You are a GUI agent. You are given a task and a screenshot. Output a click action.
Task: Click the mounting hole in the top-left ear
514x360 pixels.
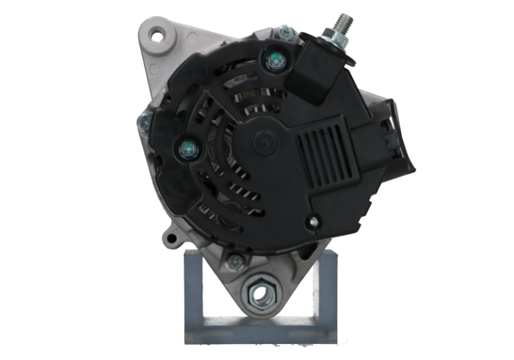(156, 35)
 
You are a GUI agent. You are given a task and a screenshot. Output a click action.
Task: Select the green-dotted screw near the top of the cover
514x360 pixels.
(274, 62)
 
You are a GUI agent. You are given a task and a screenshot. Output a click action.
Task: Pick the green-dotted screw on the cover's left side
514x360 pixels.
(187, 149)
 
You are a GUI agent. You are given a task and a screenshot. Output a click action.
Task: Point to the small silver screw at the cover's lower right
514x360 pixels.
(311, 221)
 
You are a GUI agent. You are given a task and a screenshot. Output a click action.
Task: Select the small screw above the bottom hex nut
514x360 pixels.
(234, 262)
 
